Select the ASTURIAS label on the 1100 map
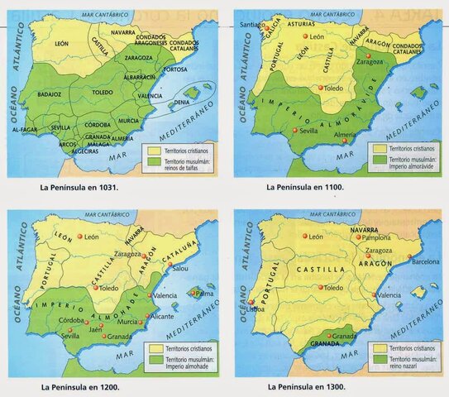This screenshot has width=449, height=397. point(301,26)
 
